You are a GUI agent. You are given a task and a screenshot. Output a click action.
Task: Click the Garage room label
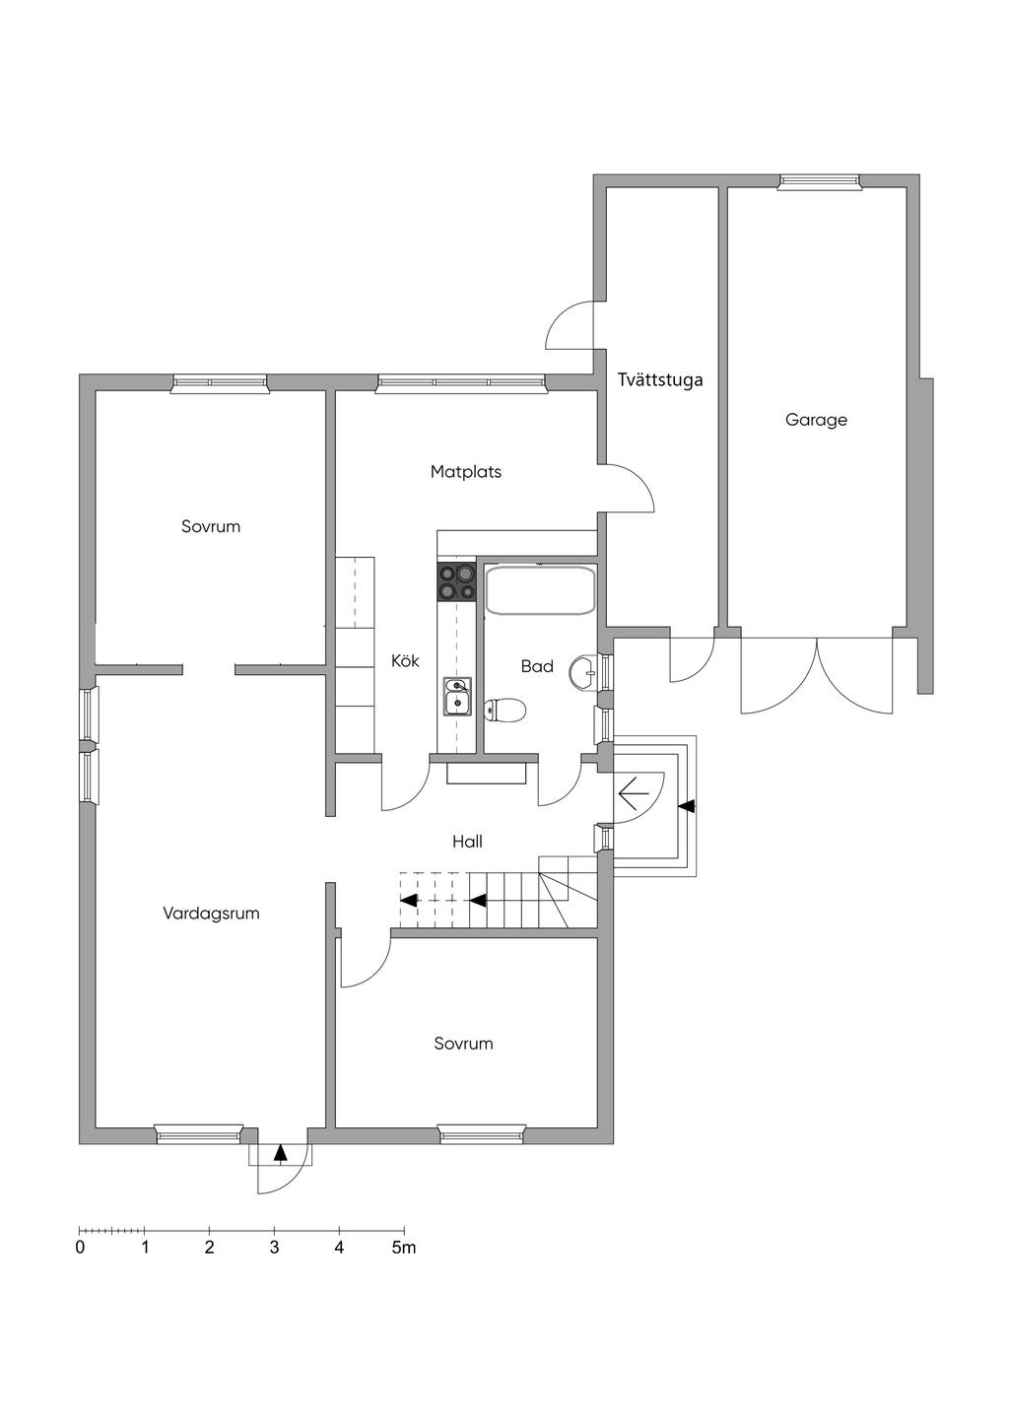point(816,420)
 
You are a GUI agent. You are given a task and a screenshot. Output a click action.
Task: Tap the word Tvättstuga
point(660,379)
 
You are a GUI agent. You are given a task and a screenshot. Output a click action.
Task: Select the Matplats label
point(465,472)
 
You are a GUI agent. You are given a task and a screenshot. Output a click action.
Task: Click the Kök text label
point(405,660)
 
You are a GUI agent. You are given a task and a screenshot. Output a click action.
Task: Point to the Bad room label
point(537,666)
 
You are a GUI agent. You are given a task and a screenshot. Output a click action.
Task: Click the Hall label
point(467,842)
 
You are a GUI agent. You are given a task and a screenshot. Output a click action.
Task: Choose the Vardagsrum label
point(211,914)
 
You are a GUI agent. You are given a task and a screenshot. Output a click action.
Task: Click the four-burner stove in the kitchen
point(456,582)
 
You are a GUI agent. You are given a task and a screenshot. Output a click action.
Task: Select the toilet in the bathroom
point(505,709)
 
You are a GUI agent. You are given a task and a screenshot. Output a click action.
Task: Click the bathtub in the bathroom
point(540,589)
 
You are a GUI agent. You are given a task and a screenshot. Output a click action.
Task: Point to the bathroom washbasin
point(589,674)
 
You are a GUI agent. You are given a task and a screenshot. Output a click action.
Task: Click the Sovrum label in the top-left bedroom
point(211,526)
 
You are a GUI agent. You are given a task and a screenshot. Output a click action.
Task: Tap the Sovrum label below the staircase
point(463,1044)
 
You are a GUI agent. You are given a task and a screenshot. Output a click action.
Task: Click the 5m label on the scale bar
point(404,1248)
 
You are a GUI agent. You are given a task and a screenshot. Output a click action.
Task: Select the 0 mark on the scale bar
point(80,1248)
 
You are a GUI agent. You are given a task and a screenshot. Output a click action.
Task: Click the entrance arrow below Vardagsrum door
point(281,1151)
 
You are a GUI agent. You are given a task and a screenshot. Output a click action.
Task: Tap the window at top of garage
point(819,181)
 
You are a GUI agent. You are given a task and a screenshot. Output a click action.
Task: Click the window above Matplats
point(462,382)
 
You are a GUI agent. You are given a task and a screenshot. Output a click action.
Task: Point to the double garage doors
point(818,675)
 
